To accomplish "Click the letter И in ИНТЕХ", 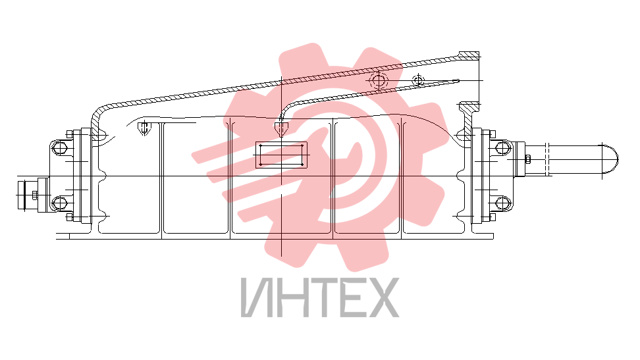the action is tap(255, 297).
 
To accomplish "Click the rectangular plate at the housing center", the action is tap(281, 155).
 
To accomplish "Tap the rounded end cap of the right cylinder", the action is tap(610, 159).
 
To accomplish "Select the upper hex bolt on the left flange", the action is tap(60, 147).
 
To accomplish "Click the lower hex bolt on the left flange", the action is tap(60, 203).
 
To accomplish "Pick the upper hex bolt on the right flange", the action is tap(502, 147).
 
